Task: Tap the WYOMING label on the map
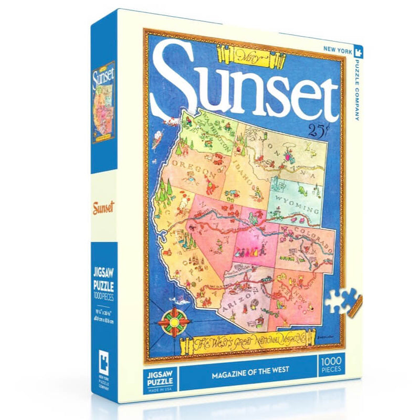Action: [295, 201]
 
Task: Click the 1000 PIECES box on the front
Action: [331, 365]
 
